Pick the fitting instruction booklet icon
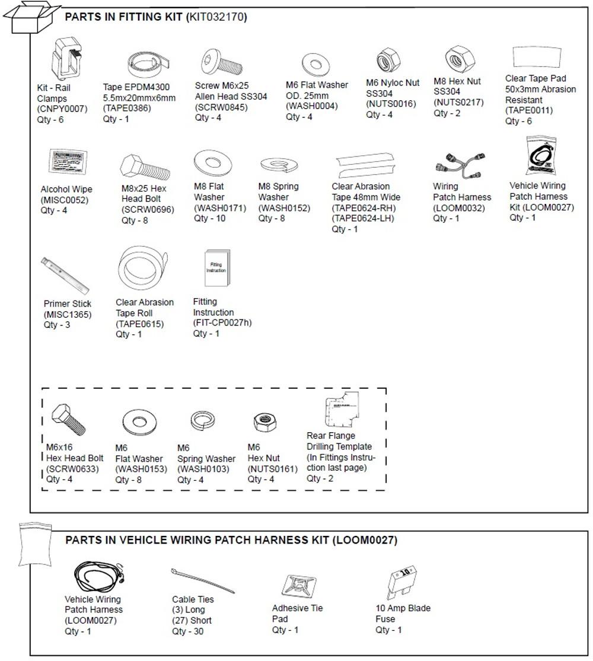216,267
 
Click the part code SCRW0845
221,107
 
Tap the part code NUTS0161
272,469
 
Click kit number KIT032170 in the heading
216,17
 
